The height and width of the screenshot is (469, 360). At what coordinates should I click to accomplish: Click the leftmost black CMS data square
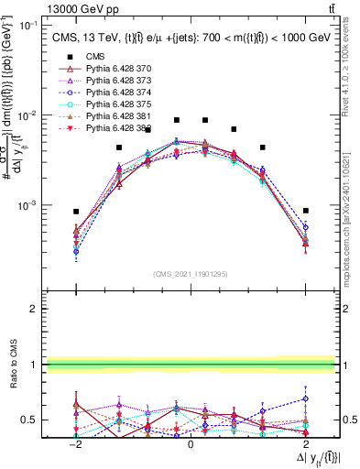click(x=76, y=212)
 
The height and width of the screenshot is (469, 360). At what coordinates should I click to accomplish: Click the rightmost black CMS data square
click(x=305, y=211)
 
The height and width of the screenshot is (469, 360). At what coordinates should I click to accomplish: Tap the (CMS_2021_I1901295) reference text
click(x=191, y=272)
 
